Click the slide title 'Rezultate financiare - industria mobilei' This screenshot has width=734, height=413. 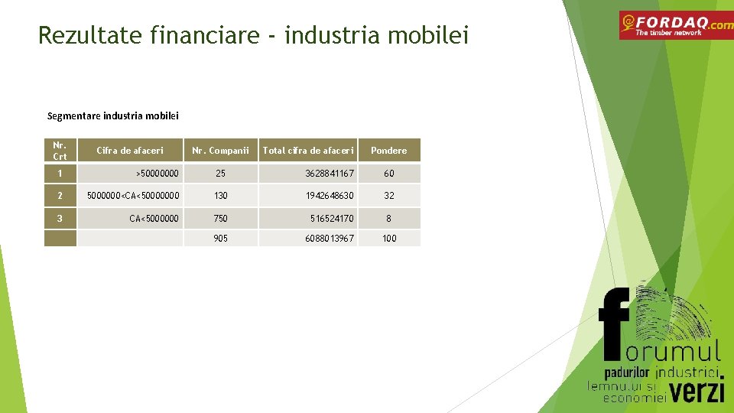point(253,35)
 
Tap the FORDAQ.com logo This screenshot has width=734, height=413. point(675,25)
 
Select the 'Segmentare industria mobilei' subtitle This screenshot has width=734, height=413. point(112,116)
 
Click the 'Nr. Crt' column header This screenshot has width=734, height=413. point(60,150)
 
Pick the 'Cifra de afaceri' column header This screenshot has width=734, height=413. point(130,151)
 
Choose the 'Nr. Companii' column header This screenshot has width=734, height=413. point(220,151)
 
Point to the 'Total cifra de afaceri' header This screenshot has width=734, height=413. point(308,151)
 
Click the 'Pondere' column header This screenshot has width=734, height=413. point(388,151)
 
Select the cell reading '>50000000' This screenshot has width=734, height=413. point(157,174)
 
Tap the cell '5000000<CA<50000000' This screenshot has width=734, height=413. point(133,196)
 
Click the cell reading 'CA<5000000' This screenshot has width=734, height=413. point(154,219)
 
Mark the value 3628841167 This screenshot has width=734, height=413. point(330,174)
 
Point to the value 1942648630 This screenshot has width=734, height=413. point(330,196)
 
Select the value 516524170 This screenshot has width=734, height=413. point(332,219)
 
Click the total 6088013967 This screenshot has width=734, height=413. point(330,239)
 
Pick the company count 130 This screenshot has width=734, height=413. point(220,196)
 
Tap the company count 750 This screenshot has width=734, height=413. point(220,219)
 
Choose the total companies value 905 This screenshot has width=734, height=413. point(220,239)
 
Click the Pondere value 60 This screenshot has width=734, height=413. point(388,174)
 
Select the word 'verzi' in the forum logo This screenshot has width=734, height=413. point(697,392)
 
